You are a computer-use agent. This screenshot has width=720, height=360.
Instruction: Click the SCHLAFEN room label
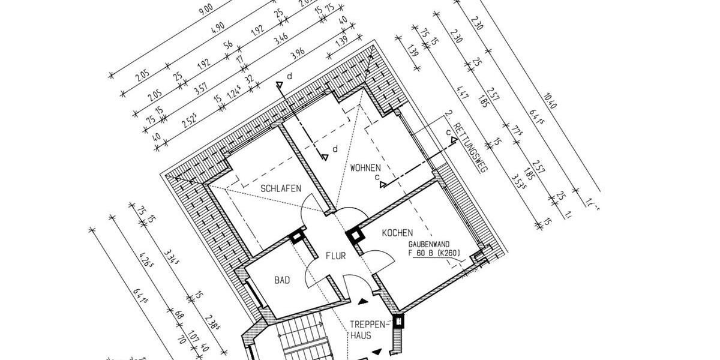pos(281,188)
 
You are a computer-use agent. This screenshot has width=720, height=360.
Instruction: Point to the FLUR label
pos(335,256)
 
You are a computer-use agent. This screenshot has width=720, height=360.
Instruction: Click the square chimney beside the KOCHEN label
pos(356,236)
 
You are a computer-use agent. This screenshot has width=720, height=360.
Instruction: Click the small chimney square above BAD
pos(296,237)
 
